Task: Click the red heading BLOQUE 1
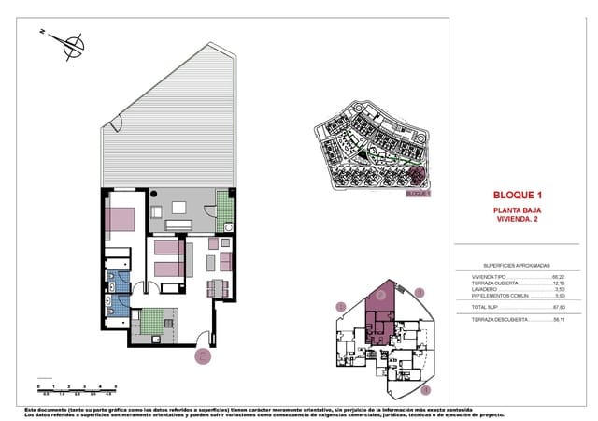tap(517, 195)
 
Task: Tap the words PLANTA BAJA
tap(517, 211)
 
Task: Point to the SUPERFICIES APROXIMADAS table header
tap(517, 265)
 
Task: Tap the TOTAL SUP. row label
tap(486, 307)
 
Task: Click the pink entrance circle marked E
tap(203, 356)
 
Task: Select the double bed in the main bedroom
tap(122, 220)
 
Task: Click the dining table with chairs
tap(217, 288)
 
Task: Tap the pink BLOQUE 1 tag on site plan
tap(418, 194)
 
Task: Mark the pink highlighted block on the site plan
tap(418, 174)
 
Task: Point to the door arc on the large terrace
tap(114, 124)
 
